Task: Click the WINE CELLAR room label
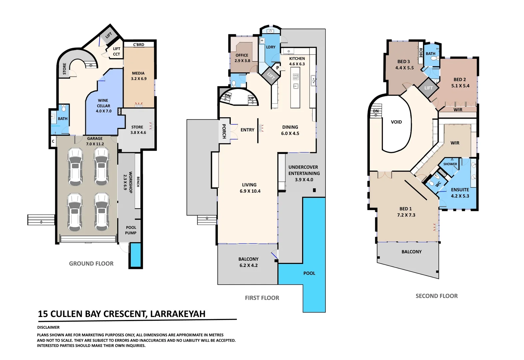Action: click(x=103, y=106)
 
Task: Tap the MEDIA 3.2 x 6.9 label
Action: click(x=139, y=76)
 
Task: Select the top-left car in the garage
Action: click(x=75, y=167)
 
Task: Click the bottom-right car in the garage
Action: click(x=101, y=212)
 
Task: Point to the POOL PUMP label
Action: click(x=131, y=230)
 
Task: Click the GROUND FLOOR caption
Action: click(x=91, y=264)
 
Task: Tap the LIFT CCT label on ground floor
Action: click(x=116, y=51)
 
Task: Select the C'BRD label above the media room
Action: click(x=139, y=45)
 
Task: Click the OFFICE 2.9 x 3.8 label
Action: click(x=242, y=58)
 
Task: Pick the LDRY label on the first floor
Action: click(x=270, y=47)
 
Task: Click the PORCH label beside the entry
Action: click(x=224, y=131)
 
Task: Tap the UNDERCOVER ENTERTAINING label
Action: click(x=304, y=173)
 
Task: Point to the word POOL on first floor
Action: click(x=309, y=273)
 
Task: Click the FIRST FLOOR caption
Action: click(x=262, y=298)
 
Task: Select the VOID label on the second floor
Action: click(x=396, y=122)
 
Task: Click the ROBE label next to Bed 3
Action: click(x=421, y=53)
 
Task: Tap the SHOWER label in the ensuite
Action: click(x=450, y=164)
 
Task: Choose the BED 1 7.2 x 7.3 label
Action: click(x=406, y=212)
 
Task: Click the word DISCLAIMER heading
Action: click(x=48, y=327)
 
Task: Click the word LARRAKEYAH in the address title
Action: click(x=178, y=314)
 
